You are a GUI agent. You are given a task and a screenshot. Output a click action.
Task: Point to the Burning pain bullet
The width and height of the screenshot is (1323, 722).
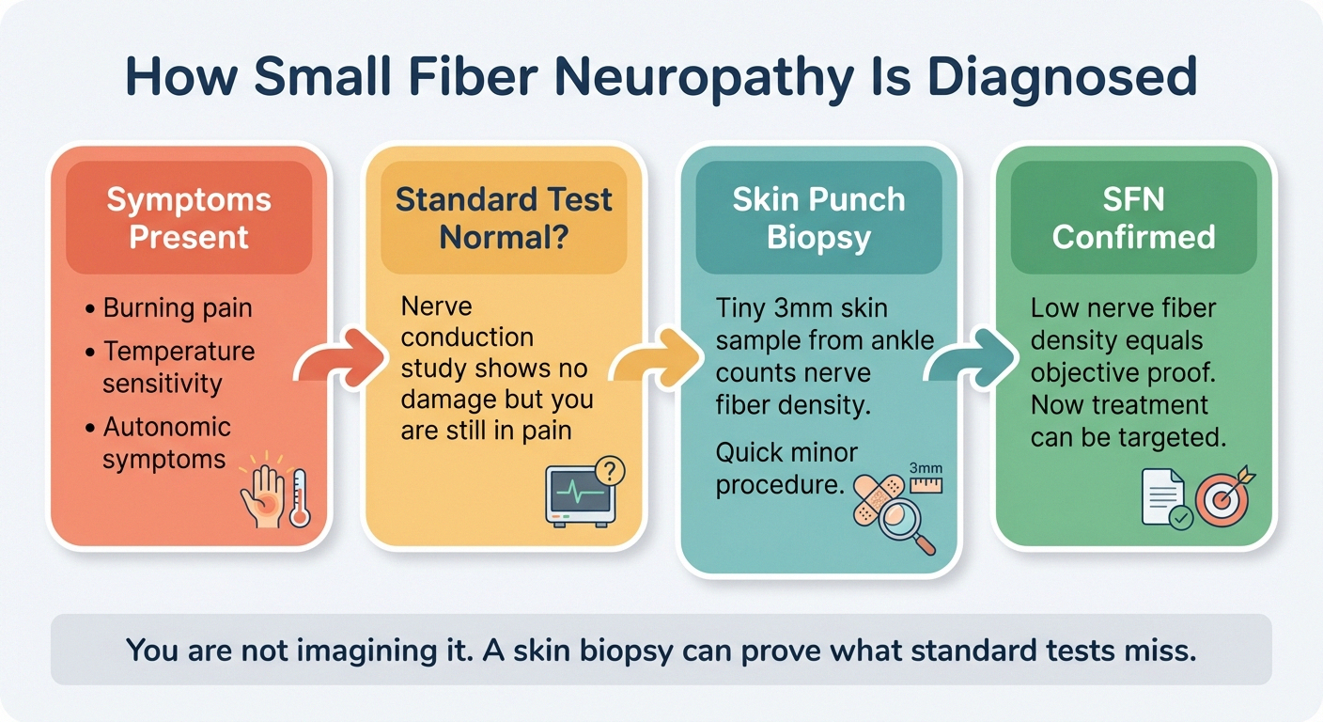pos(177,308)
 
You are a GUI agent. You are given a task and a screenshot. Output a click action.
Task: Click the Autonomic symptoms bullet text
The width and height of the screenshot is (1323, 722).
pos(165,443)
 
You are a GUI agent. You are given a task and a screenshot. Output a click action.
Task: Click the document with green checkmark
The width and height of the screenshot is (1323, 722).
pos(1164,498)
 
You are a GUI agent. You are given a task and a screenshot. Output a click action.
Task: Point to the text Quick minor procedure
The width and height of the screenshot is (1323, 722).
pos(786,469)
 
